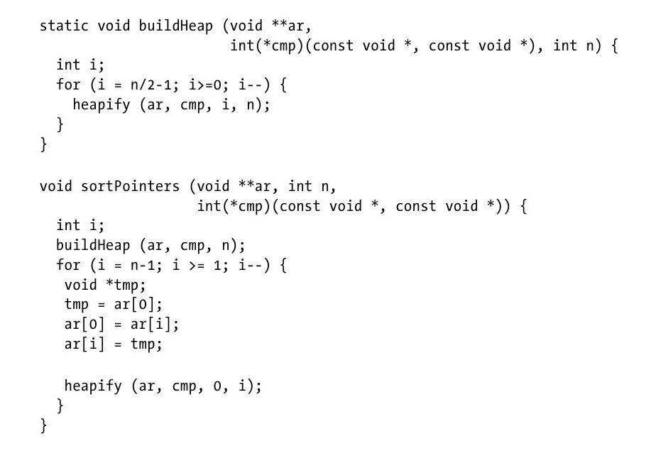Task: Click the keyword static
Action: click(64, 26)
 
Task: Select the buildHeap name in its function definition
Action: click(172, 26)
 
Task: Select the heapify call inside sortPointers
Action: click(93, 386)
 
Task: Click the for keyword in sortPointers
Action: click(68, 265)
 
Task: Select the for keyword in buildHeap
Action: click(68, 85)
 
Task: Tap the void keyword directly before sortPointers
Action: click(55, 187)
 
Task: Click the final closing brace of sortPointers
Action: click(43, 425)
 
